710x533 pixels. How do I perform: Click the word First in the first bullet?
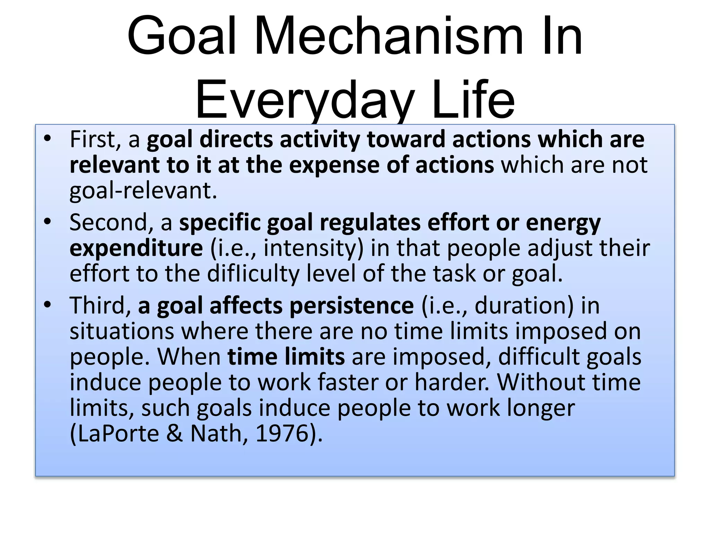coord(95,139)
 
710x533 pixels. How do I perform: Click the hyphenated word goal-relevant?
coord(143,191)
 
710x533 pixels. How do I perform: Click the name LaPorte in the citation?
coord(118,433)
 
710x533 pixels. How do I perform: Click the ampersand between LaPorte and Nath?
coord(174,433)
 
